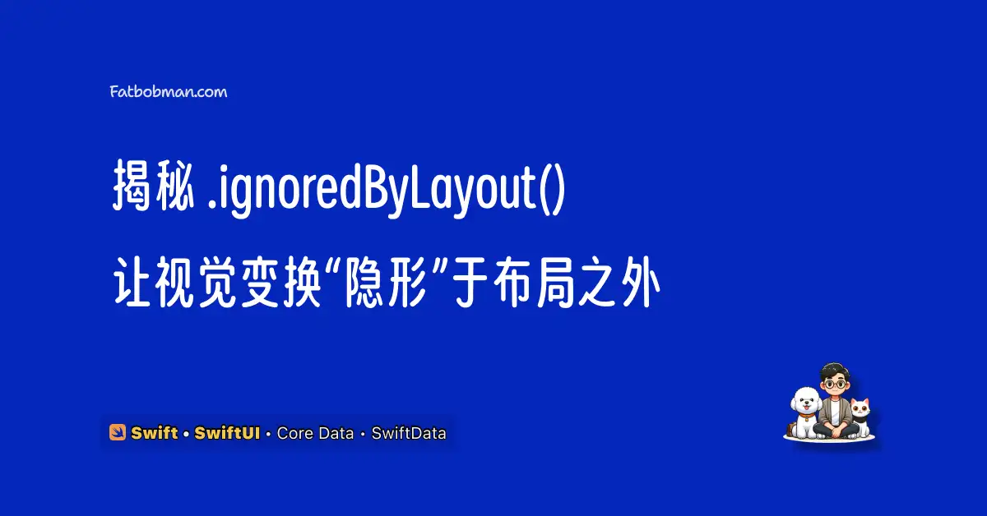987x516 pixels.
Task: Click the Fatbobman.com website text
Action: click(x=169, y=91)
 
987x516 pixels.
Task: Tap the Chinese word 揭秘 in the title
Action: click(x=153, y=186)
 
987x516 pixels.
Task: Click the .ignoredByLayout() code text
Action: click(x=387, y=189)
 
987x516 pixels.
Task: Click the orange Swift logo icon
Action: click(x=117, y=432)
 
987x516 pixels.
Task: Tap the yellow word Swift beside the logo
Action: click(x=155, y=433)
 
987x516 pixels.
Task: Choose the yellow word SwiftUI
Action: click(x=227, y=433)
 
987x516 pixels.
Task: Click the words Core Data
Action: click(x=315, y=433)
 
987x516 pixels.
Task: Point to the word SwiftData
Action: click(x=409, y=433)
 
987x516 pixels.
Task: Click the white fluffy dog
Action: click(x=805, y=412)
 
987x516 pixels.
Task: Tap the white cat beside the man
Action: click(x=860, y=416)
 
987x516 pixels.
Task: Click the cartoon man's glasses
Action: click(x=835, y=385)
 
